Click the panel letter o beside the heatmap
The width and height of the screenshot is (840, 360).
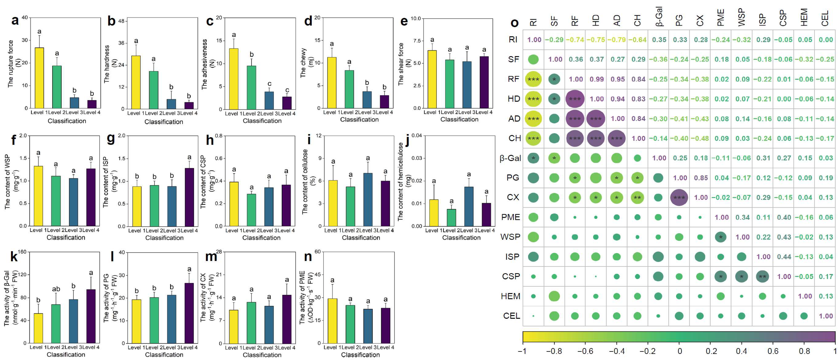(514, 23)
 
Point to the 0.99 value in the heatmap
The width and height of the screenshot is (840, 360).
(596, 79)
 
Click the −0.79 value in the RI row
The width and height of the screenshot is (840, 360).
(617, 40)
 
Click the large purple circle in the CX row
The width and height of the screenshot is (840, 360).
(679, 198)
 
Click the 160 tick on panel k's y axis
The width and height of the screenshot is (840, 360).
(22, 252)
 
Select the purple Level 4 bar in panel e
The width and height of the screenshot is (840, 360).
(484, 82)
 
